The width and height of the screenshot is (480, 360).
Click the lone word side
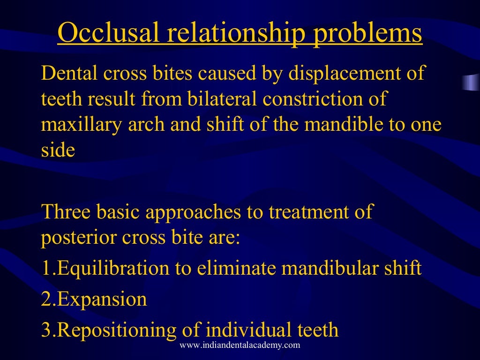point(58,151)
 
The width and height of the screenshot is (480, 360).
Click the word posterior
point(78,238)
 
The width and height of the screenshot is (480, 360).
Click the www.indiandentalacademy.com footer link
point(240,345)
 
